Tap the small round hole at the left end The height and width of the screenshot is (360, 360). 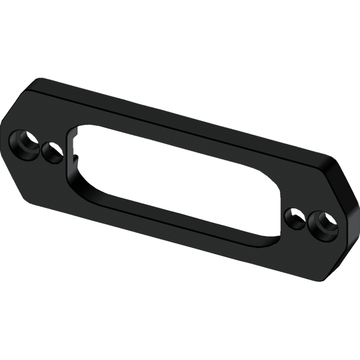coord(52,151)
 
